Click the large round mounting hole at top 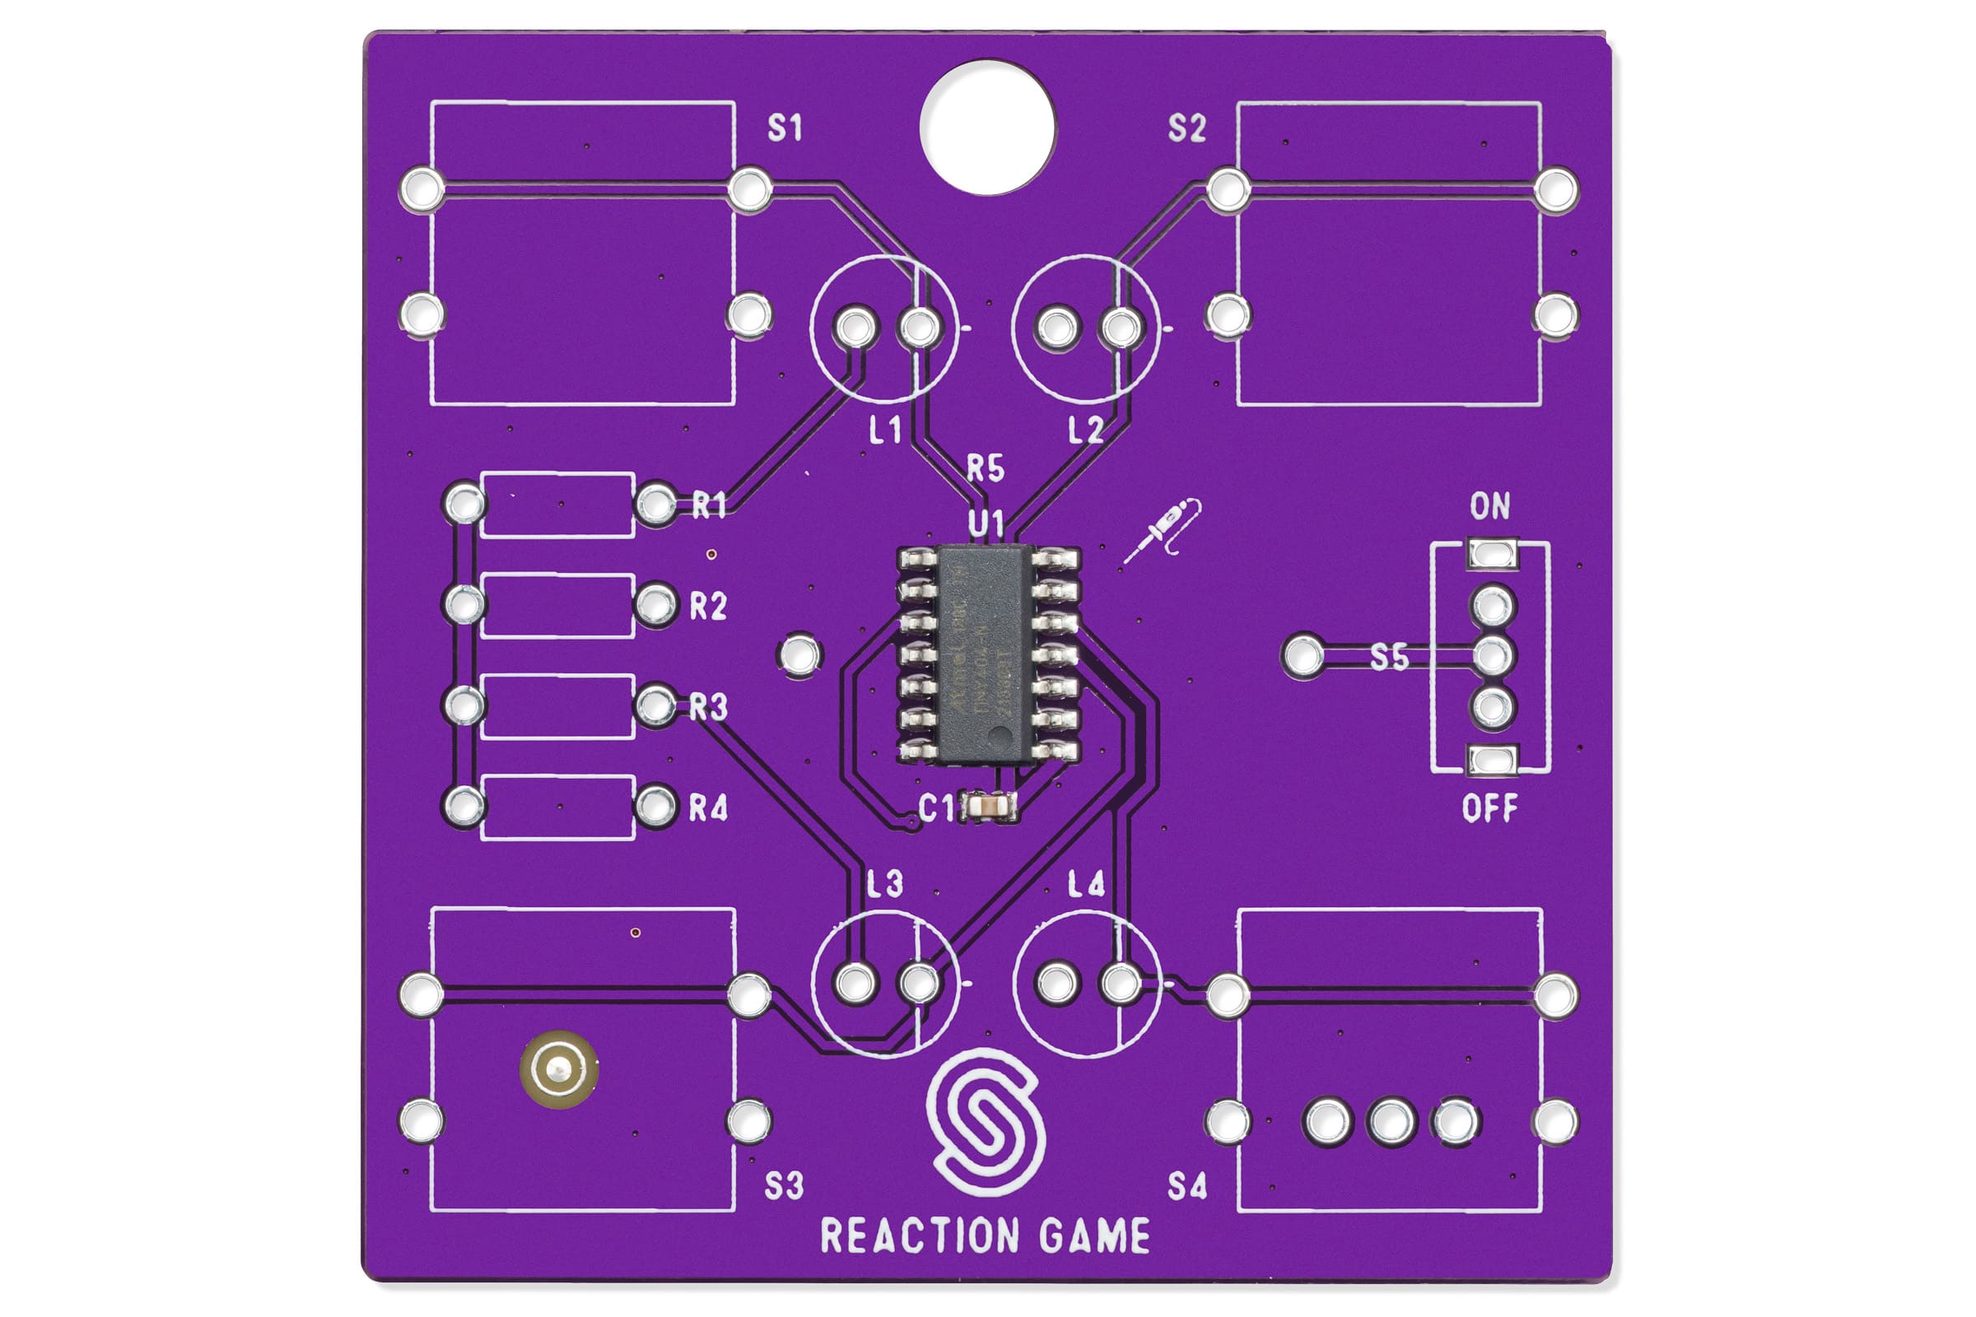click(987, 127)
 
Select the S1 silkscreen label click(785, 128)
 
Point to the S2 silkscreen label click(1186, 128)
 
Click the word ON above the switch click(1489, 505)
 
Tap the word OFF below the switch click(1489, 809)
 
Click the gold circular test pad click(559, 1069)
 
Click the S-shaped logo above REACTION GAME click(986, 1121)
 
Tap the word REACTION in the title click(919, 1236)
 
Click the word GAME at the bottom click(1095, 1236)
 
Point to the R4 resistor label click(707, 808)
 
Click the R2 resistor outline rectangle click(557, 606)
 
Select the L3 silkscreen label click(884, 884)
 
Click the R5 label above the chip click(985, 468)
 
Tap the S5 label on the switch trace click(1389, 657)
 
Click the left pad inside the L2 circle click(1057, 328)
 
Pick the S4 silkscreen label click(1186, 1186)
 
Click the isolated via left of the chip click(799, 654)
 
